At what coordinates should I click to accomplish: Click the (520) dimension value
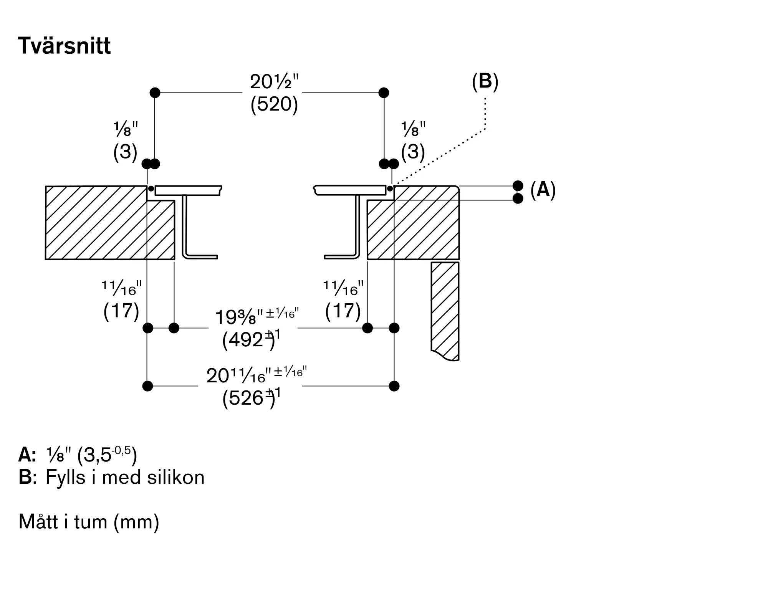[274, 104]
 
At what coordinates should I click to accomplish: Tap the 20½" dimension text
[274, 81]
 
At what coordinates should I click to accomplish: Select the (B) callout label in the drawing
[485, 82]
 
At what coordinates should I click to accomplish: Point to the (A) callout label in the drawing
[543, 190]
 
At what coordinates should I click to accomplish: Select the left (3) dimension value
[125, 152]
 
